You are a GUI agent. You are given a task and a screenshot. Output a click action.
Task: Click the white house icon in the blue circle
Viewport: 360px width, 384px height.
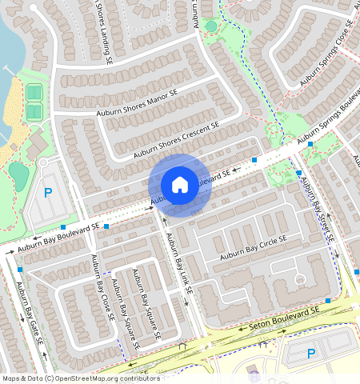pos(180,185)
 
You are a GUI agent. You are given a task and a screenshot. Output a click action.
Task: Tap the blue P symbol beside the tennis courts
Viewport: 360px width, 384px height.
pos(47,193)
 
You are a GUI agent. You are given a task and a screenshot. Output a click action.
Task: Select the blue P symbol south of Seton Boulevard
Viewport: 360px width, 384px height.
pos(311,353)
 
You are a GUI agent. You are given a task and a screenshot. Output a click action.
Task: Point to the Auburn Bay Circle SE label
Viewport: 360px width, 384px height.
pos(258,248)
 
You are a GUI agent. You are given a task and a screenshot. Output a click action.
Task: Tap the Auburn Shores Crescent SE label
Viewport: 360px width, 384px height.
pos(176,138)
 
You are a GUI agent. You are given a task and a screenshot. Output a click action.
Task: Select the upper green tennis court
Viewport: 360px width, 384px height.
pos(34,92)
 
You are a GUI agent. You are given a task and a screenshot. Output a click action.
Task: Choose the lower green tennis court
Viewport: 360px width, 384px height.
pos(34,112)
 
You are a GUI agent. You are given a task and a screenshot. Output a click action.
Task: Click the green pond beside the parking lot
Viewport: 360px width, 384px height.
pos(18,171)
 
